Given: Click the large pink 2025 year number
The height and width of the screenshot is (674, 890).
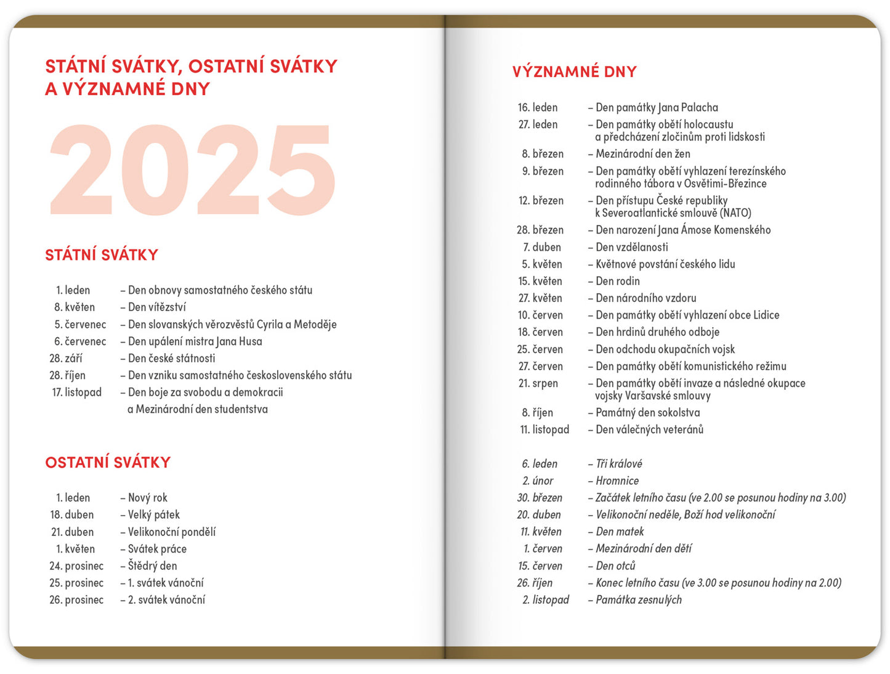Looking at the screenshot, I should [x=192, y=169].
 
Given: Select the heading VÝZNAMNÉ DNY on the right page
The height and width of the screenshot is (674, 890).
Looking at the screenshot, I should [x=574, y=72].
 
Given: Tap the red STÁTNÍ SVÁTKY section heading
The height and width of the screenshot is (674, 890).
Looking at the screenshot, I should [x=102, y=255].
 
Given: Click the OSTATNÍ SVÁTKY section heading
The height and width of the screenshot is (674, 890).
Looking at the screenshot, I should [x=108, y=463].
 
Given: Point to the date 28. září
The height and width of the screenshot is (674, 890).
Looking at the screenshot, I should [x=65, y=359].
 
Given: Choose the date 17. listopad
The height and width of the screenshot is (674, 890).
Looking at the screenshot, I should [x=77, y=392].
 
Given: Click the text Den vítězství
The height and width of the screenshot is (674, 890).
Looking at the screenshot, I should [x=156, y=307].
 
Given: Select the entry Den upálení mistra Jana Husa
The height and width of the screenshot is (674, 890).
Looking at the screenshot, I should [x=195, y=341].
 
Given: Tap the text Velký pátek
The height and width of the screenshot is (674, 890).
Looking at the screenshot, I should [x=153, y=515].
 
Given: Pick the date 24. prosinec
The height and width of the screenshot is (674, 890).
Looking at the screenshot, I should [x=76, y=566].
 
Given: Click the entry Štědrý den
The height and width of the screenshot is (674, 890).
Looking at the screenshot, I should [x=152, y=566].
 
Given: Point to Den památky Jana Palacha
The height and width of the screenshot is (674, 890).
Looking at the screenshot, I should [x=656, y=108].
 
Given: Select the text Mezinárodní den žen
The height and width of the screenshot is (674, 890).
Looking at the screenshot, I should [x=642, y=154].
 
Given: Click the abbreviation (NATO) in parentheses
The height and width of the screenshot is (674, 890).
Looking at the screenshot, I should [x=735, y=213].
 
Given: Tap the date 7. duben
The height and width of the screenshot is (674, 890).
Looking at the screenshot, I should [x=542, y=247].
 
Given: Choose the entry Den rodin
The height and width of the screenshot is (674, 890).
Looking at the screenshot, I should [x=617, y=282].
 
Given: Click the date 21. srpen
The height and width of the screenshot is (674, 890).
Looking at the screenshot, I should [x=538, y=384].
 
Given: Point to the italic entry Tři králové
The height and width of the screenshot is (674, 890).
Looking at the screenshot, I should [x=618, y=464].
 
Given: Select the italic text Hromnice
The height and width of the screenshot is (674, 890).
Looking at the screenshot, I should [x=617, y=481].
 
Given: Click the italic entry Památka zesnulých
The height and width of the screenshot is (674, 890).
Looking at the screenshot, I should [x=638, y=600].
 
